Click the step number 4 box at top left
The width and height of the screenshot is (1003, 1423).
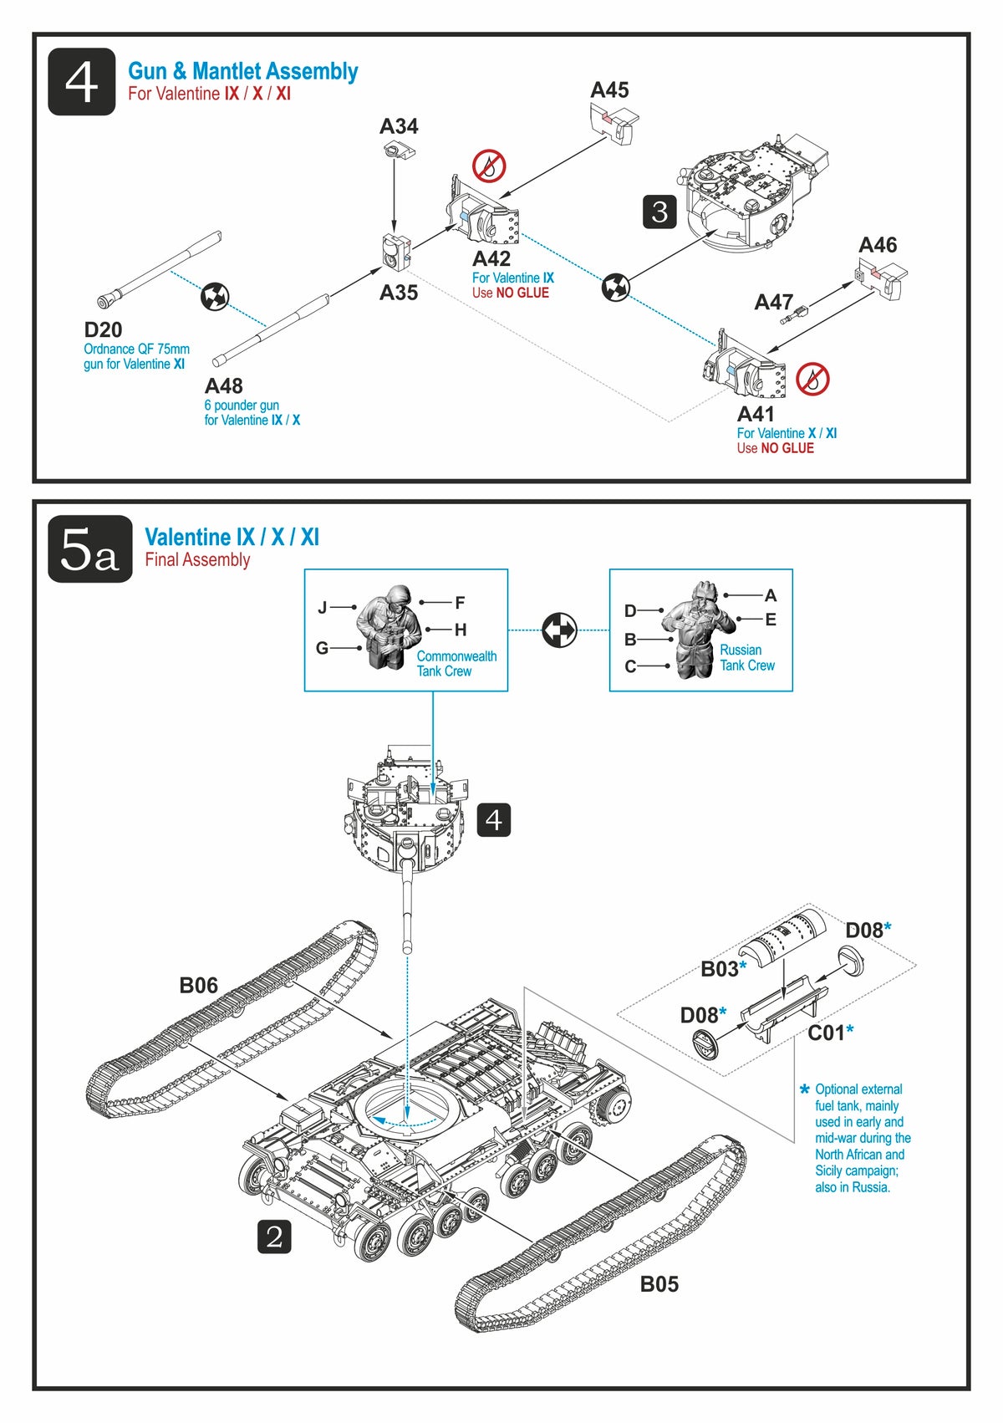(81, 82)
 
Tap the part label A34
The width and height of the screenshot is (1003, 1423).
(399, 126)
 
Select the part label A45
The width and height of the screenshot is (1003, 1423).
(609, 90)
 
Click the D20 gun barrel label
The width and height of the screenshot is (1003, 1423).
(103, 330)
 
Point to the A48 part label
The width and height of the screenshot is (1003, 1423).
(224, 386)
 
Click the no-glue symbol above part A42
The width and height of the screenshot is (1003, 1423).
(489, 166)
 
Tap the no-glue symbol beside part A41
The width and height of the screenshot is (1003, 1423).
(812, 380)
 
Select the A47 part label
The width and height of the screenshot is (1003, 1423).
(774, 302)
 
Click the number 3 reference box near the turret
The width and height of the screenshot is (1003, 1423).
(659, 212)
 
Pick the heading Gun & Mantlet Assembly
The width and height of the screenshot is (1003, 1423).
(242, 71)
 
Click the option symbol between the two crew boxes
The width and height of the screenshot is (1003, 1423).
(559, 630)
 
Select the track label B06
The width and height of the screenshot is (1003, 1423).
(198, 986)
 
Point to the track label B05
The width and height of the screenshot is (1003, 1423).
(659, 1284)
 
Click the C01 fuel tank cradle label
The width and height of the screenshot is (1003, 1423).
(827, 1033)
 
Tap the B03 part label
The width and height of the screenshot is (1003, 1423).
(720, 969)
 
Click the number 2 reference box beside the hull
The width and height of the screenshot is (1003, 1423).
(274, 1237)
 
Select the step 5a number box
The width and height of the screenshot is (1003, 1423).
(90, 549)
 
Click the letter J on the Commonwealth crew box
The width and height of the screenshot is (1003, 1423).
(323, 608)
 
